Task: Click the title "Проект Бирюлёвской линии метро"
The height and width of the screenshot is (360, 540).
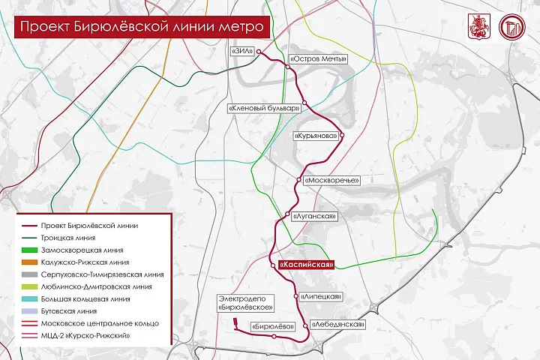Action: pyautogui.click(x=140, y=28)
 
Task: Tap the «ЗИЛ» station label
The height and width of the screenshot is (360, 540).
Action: pyautogui.click(x=242, y=52)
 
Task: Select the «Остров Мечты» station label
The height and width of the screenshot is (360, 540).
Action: pyautogui.click(x=315, y=58)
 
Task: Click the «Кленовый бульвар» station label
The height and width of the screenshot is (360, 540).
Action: pyautogui.click(x=264, y=109)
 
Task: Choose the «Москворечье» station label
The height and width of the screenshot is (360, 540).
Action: pyautogui.click(x=332, y=181)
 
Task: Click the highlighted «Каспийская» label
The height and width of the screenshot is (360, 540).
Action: pyautogui.click(x=305, y=265)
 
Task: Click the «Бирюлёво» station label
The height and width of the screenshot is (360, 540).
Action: pyautogui.click(x=251, y=325)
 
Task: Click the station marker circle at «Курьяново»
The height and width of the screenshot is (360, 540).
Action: pyautogui.click(x=341, y=136)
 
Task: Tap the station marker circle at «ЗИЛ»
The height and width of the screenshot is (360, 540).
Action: pyautogui.click(x=259, y=52)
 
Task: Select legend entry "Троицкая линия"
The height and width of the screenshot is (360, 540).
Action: pyautogui.click(x=68, y=238)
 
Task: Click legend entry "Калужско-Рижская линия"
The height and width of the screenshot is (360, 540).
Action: pyautogui.click(x=85, y=262)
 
